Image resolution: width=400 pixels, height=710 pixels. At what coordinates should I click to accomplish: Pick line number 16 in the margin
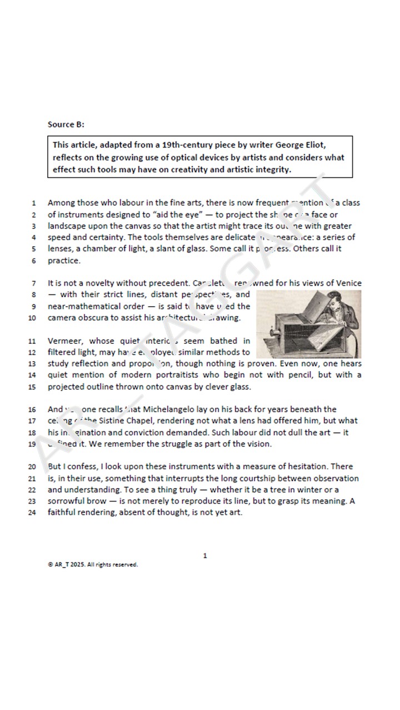pos(32,410)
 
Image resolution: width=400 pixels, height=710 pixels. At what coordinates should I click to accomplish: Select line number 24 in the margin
pos(32,513)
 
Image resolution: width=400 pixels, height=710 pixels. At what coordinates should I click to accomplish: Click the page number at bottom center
pos(205,555)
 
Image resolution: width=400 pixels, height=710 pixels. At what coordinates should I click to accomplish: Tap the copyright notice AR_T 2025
pos(92,565)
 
